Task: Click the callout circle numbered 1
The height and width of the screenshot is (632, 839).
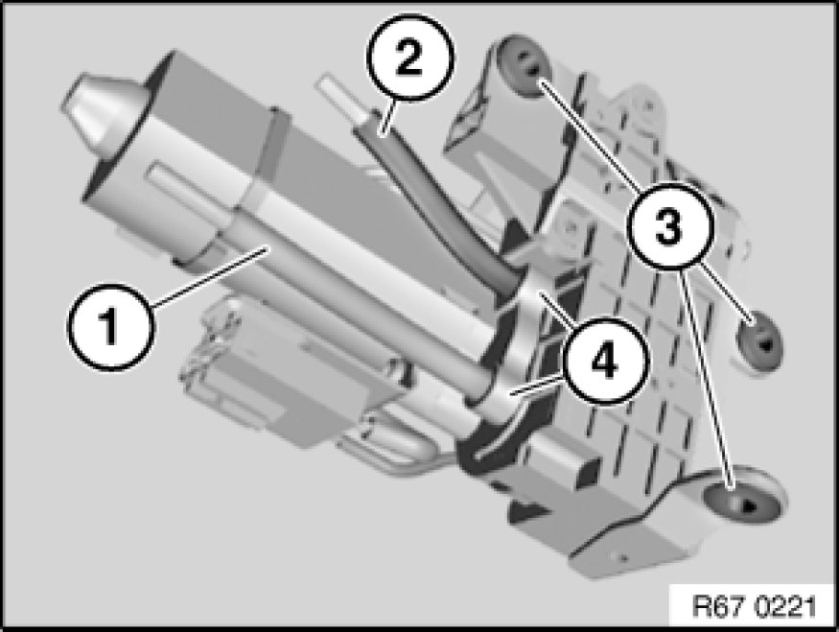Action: coord(111,326)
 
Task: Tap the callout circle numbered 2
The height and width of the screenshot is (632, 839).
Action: coord(410,58)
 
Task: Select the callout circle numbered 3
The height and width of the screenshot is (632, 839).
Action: coord(669,224)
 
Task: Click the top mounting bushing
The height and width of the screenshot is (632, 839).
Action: coord(524,66)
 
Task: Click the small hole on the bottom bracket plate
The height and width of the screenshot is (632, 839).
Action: coord(621,559)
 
